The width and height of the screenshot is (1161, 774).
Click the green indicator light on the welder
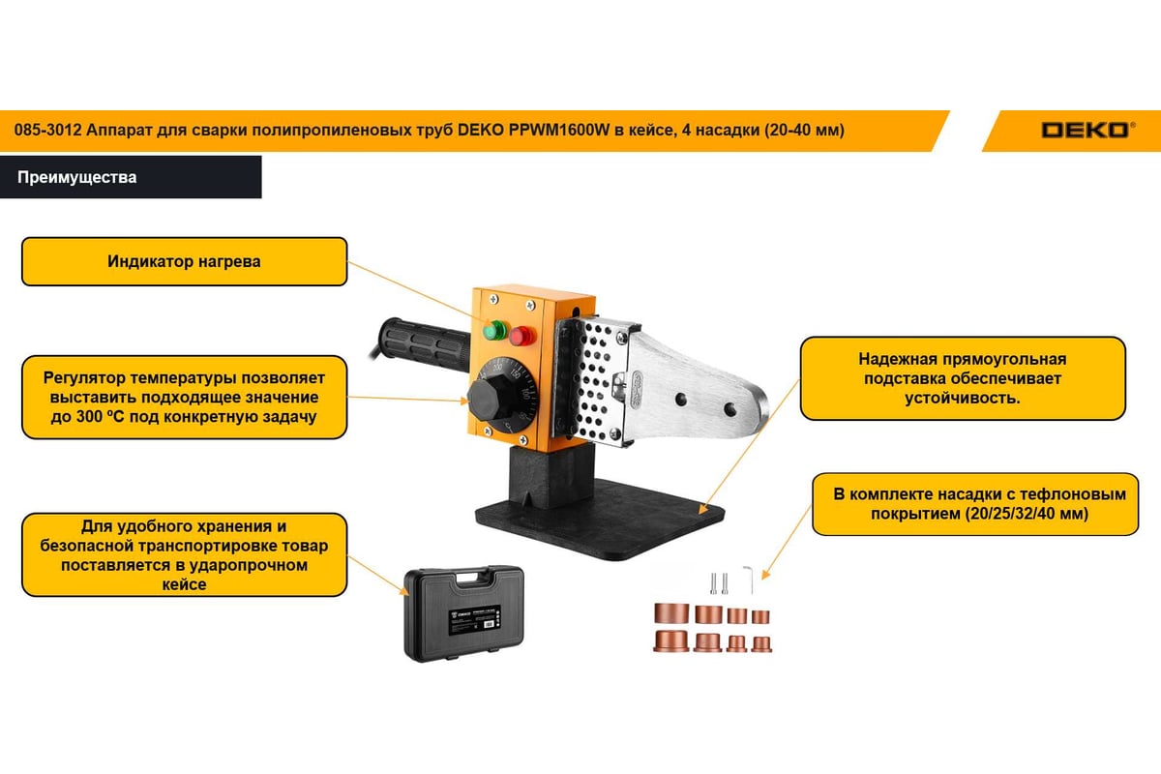coord(495,331)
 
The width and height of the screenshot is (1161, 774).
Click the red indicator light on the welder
coord(521,336)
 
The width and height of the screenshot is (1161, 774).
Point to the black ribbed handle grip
coord(424,343)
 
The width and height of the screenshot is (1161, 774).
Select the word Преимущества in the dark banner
coord(77,177)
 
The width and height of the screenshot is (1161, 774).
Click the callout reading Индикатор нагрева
coord(184,261)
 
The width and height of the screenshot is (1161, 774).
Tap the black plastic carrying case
coord(464,613)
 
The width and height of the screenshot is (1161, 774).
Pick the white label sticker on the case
coord(474,619)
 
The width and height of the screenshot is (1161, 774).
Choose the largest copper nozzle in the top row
coord(671,613)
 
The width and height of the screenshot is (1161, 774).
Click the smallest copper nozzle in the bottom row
coord(760,644)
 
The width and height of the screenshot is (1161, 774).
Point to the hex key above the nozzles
coord(749,580)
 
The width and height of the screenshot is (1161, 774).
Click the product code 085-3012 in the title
coord(47,130)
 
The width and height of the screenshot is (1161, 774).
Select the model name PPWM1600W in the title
coord(559,130)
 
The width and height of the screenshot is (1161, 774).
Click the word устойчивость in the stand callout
coord(962,399)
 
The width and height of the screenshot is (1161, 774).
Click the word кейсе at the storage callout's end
coord(184,584)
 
